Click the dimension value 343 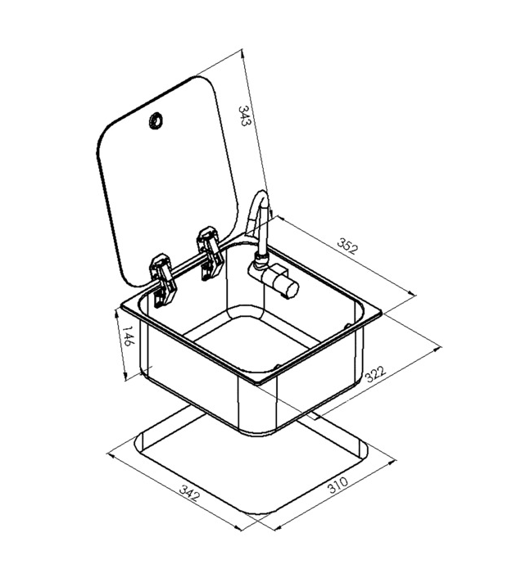tap(244, 115)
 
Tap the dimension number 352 tap(347, 246)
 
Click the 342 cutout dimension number tap(189, 494)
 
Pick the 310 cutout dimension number tap(337, 485)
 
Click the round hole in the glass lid tap(156, 121)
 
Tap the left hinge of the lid tap(163, 280)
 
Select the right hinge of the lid tap(209, 252)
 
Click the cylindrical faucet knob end tap(291, 289)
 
